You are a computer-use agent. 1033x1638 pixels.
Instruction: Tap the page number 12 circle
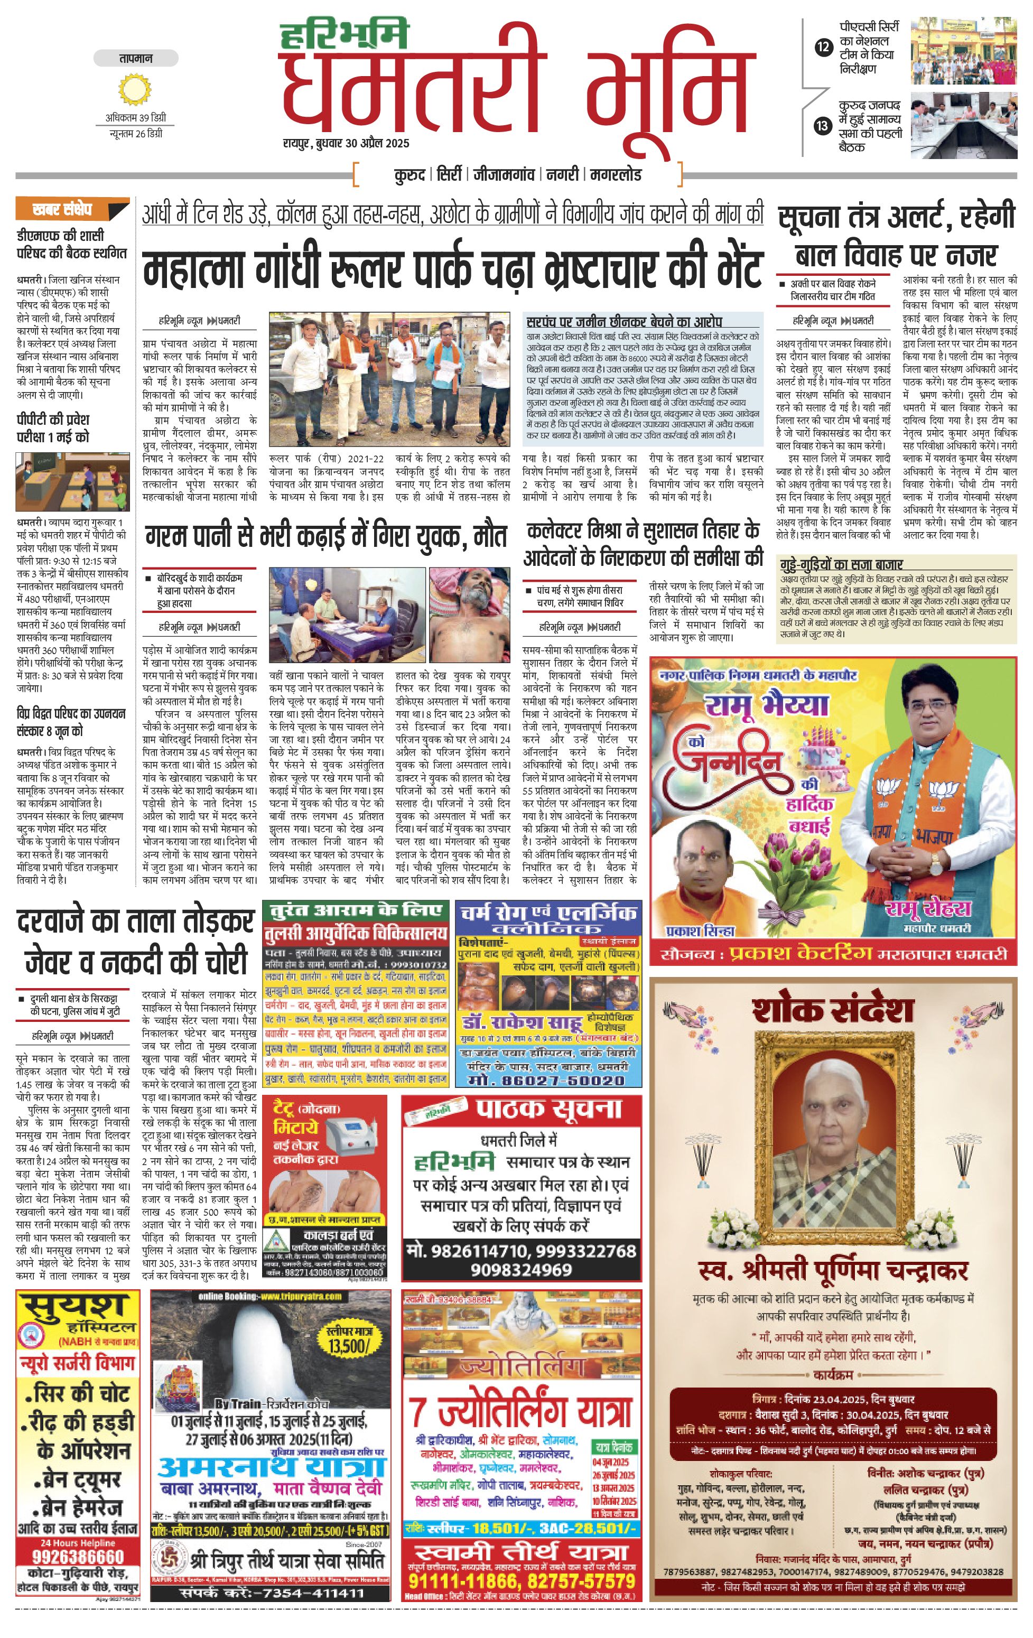click(x=824, y=48)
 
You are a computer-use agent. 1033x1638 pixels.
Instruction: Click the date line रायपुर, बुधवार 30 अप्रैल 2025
click(x=346, y=144)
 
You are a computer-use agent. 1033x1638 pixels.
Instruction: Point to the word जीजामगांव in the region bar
click(x=504, y=175)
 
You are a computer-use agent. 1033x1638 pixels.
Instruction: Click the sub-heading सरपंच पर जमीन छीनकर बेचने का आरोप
click(x=623, y=321)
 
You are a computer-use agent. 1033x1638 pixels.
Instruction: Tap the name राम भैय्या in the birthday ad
click(x=767, y=704)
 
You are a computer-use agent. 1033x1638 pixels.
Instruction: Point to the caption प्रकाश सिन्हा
click(x=701, y=930)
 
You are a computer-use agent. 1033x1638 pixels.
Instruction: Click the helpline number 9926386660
click(x=78, y=1558)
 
